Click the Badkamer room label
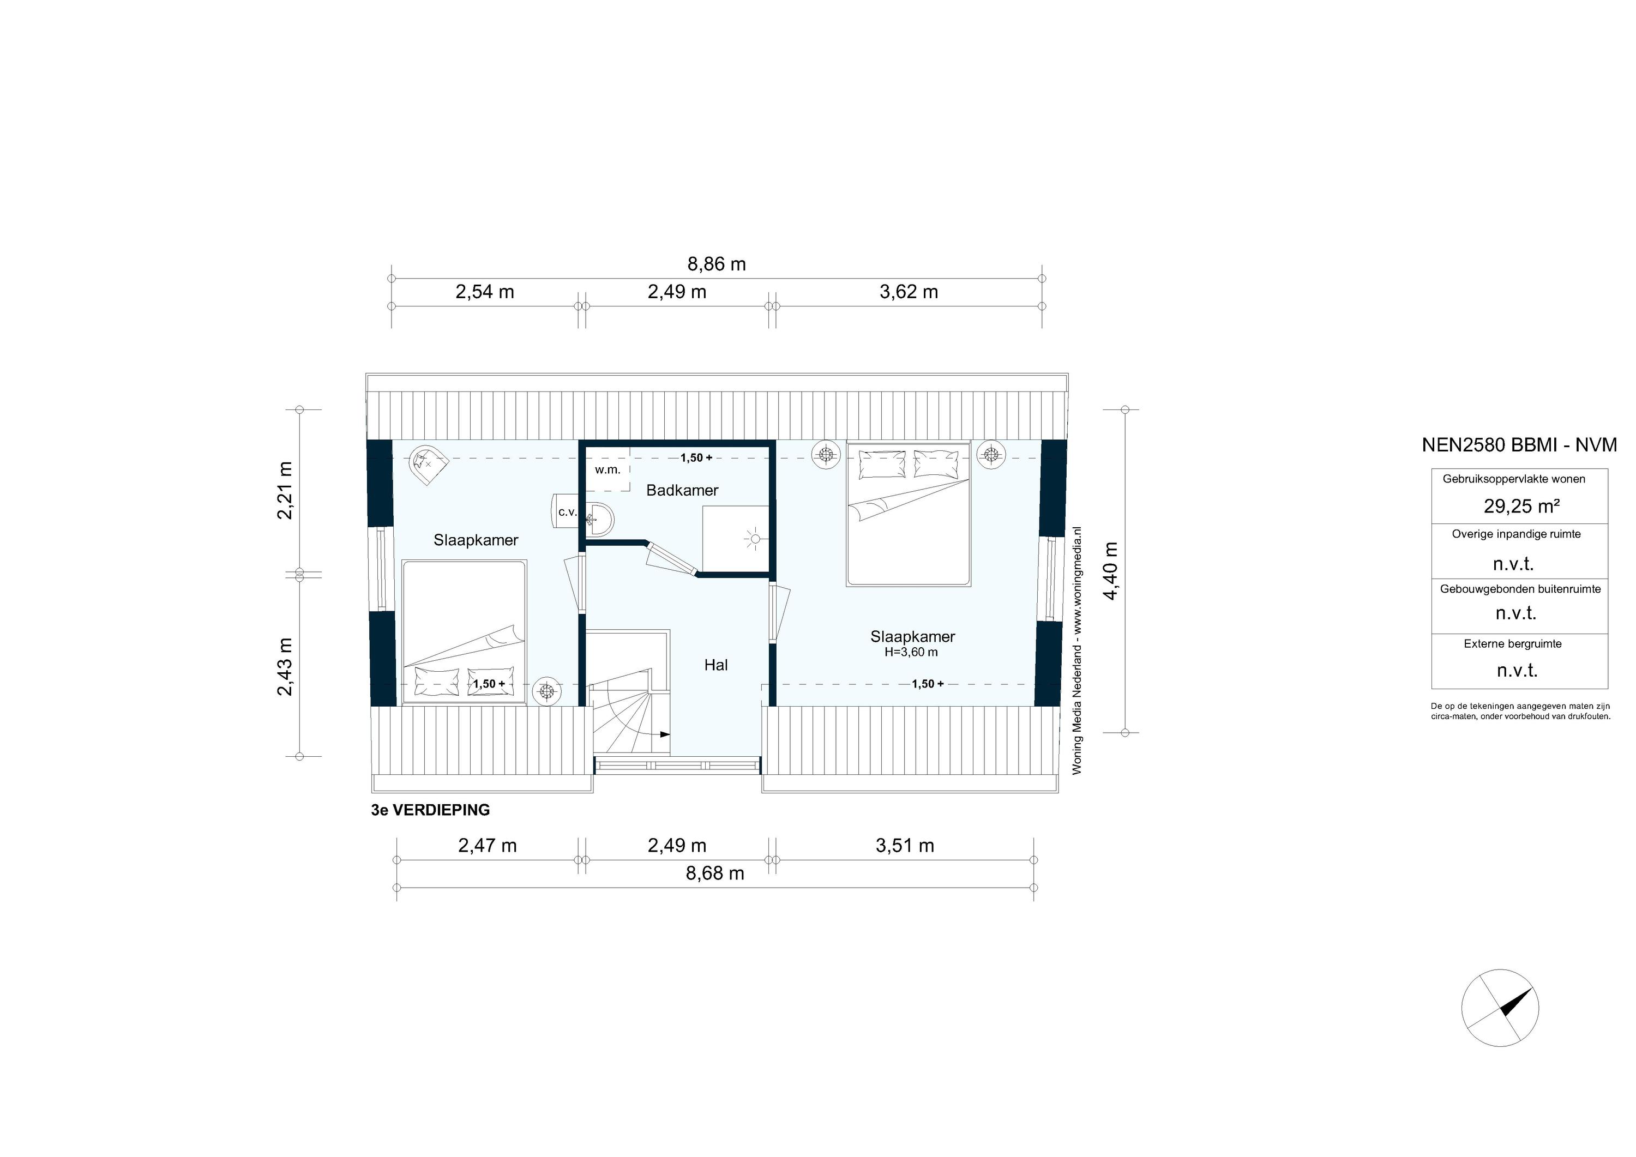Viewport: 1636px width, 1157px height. coord(682,490)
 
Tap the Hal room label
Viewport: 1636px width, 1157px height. coord(715,665)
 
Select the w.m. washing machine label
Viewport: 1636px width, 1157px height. coord(608,470)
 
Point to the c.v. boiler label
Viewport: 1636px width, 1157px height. coord(567,511)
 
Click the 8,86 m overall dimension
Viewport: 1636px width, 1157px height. coord(716,264)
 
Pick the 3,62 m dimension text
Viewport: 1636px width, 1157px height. coord(909,292)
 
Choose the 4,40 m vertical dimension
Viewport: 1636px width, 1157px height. coord(1111,571)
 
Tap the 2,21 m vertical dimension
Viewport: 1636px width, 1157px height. coord(285,491)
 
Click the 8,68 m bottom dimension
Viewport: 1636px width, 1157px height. coord(715,873)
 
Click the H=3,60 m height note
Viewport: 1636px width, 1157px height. coord(911,652)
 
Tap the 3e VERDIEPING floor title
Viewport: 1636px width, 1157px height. coord(430,810)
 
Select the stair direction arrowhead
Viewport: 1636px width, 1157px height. coord(665,734)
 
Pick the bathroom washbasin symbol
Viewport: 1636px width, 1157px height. coord(600,519)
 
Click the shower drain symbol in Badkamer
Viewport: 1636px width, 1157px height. coord(754,539)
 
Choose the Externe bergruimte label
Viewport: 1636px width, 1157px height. coord(1513,644)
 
